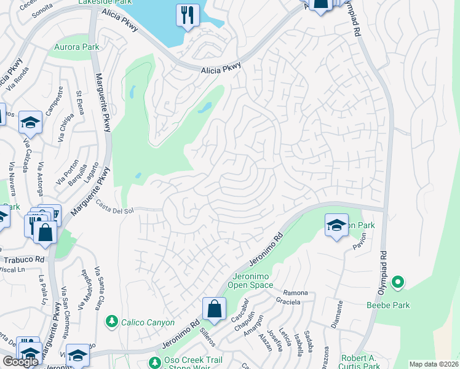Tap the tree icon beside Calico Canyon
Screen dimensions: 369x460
112,320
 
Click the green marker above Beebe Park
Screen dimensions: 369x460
398,283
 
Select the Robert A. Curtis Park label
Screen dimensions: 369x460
362,362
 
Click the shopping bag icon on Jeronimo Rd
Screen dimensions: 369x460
214,309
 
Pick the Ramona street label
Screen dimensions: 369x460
295,293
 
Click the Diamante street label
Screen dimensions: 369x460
339,312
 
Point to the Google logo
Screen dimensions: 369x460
20,362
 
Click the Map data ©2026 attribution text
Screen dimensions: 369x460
433,364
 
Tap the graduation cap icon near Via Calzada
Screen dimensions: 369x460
30,122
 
